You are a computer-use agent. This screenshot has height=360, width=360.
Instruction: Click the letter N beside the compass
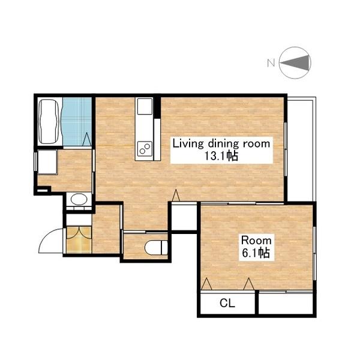click(x=271, y=62)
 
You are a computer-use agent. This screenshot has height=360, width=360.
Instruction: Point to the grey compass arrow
click(x=295, y=62)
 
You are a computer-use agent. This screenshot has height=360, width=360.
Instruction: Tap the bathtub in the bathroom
click(x=48, y=121)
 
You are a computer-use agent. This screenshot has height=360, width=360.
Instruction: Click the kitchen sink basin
click(x=145, y=106)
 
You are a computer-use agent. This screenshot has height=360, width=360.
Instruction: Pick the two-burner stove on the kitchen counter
click(x=145, y=148)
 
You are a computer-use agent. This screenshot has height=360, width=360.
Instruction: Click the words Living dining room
click(x=221, y=144)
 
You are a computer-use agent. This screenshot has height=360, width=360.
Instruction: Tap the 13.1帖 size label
click(x=221, y=156)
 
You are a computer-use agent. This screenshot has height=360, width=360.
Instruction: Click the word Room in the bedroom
click(x=256, y=241)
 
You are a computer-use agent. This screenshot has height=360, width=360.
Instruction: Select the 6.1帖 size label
click(x=256, y=253)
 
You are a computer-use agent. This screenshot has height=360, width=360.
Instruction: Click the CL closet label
click(x=227, y=303)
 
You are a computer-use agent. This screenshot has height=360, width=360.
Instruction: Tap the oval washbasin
click(x=79, y=199)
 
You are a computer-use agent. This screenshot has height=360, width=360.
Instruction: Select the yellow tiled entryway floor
click(x=79, y=240)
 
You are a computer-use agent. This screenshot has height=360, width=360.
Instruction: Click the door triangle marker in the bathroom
click(x=87, y=139)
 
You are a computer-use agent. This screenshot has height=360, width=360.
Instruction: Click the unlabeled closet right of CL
click(x=286, y=304)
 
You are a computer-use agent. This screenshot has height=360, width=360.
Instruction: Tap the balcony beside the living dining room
click(x=301, y=149)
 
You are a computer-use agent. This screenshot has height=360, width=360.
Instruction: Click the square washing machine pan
click(x=47, y=162)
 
